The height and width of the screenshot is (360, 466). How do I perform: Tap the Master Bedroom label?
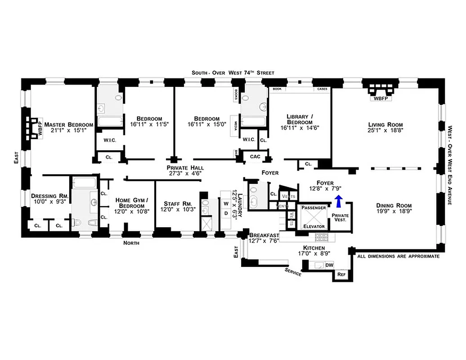click(x=68, y=125)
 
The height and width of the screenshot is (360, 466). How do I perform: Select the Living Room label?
click(x=385, y=125)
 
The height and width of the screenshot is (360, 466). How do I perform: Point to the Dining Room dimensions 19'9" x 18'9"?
click(x=394, y=210)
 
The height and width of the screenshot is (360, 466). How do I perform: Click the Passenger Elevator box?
click(x=313, y=217)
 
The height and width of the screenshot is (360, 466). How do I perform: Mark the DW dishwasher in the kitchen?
click(x=329, y=265)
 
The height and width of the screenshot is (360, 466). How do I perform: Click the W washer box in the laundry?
click(x=226, y=203)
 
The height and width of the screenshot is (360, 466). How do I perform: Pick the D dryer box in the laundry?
click(x=226, y=213)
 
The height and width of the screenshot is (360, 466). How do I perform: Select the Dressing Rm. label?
click(x=49, y=196)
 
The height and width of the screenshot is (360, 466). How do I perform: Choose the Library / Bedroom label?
click(x=299, y=119)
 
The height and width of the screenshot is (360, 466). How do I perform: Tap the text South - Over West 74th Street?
click(x=233, y=72)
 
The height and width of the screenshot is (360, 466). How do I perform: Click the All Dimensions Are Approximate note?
click(x=398, y=256)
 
